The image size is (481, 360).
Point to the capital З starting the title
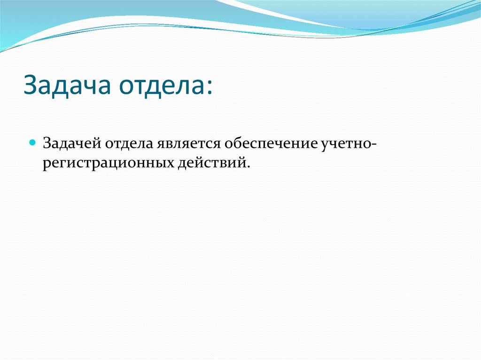(30, 86)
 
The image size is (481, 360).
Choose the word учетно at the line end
(345, 143)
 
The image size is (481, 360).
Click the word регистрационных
(108, 164)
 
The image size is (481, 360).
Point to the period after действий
(247, 167)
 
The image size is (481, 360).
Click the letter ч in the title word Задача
(86, 87)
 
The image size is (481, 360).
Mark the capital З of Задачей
(47, 143)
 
